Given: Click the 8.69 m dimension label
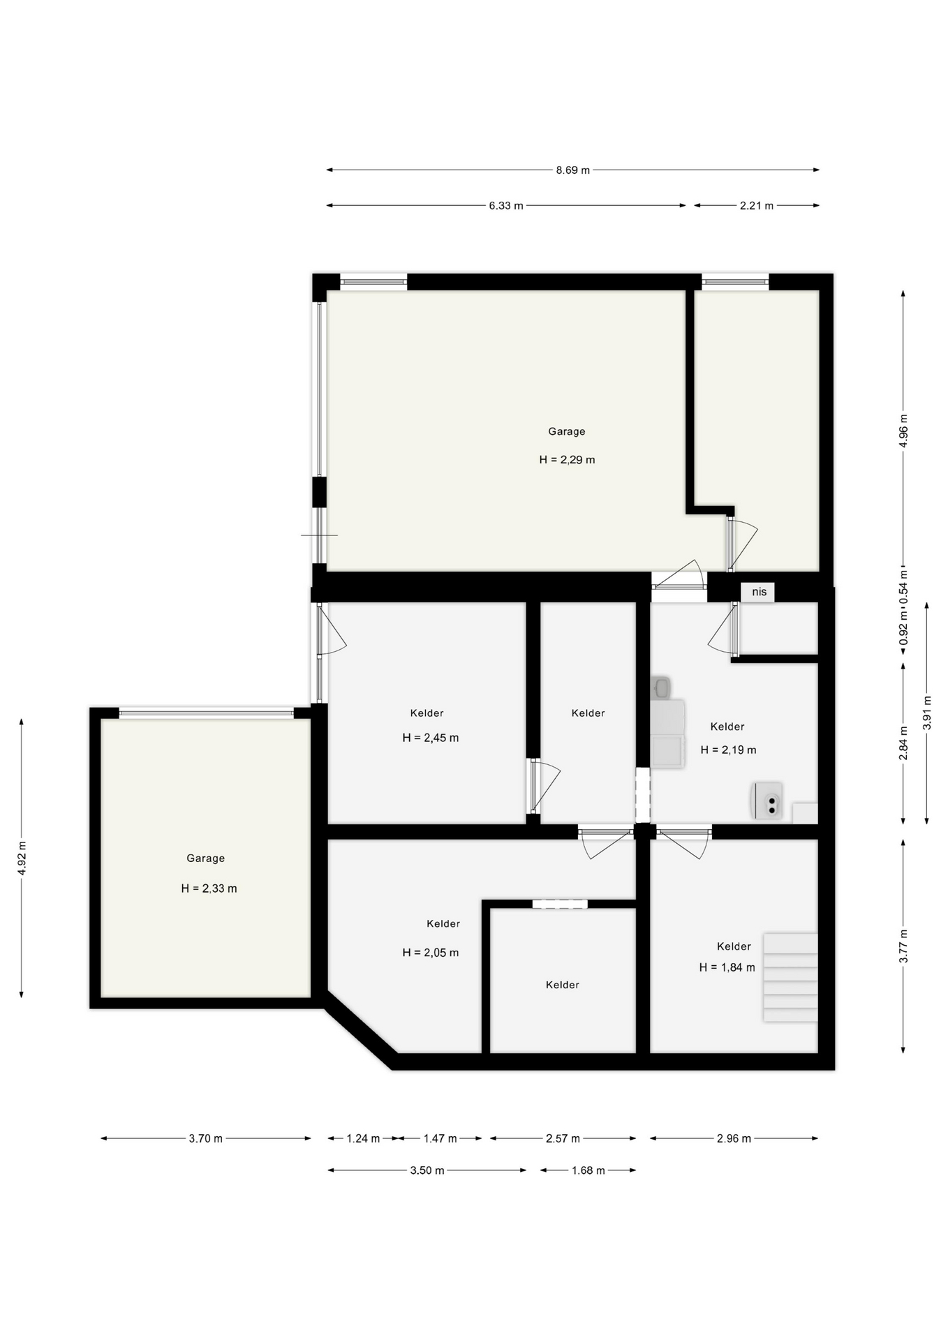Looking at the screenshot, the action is pyautogui.click(x=572, y=170).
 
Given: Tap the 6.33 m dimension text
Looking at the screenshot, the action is pyautogui.click(x=506, y=205).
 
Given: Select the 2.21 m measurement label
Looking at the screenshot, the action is pyautogui.click(x=757, y=205).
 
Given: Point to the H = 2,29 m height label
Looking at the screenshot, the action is pyautogui.click(x=567, y=460).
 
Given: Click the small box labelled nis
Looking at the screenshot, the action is pyautogui.click(x=758, y=592).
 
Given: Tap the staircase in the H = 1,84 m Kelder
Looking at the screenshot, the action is pyautogui.click(x=790, y=978).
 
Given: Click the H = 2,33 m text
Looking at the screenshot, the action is pyautogui.click(x=209, y=888).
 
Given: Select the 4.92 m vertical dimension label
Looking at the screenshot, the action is pyautogui.click(x=22, y=858).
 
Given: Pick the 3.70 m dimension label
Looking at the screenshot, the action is pyautogui.click(x=206, y=1138).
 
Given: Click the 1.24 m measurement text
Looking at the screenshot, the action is pyautogui.click(x=363, y=1138).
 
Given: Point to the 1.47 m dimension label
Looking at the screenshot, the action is pyautogui.click(x=440, y=1138).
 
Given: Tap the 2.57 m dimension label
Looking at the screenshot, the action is pyautogui.click(x=563, y=1138).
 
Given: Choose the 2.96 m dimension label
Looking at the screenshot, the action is pyautogui.click(x=734, y=1138).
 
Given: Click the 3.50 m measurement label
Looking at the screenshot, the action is pyautogui.click(x=427, y=1170).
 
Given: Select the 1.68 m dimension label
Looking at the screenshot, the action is pyautogui.click(x=588, y=1170).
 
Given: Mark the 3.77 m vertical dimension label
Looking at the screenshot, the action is pyautogui.click(x=903, y=946).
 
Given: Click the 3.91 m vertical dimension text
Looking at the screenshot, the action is pyautogui.click(x=927, y=713).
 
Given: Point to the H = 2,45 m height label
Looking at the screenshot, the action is pyautogui.click(x=430, y=738).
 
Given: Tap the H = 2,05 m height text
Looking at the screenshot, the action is pyautogui.click(x=430, y=953).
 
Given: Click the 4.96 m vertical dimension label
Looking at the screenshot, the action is pyautogui.click(x=903, y=431).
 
